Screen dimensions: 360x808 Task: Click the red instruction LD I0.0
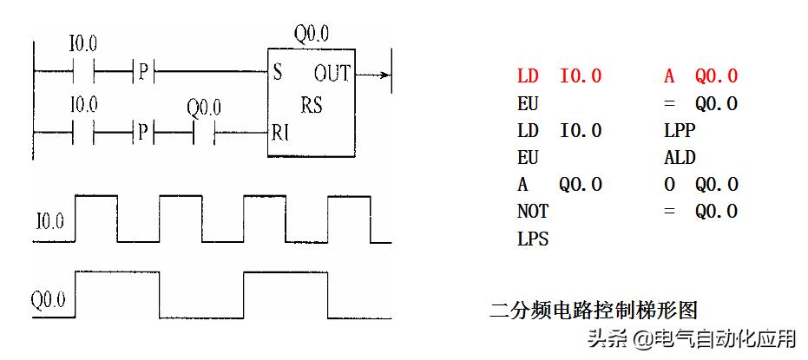[x=559, y=76]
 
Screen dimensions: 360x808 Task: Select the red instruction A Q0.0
[x=700, y=76]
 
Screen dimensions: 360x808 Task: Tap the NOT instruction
[x=533, y=211]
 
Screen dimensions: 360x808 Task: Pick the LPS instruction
[x=533, y=239]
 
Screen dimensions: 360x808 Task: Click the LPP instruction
[x=680, y=130]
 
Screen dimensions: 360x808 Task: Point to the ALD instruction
[x=680, y=158]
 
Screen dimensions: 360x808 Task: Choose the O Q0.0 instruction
[x=700, y=185]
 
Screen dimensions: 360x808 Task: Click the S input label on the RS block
[x=277, y=72]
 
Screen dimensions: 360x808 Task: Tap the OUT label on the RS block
[x=332, y=73]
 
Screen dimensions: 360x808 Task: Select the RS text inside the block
[x=312, y=106]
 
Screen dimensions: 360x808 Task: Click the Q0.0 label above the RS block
[x=312, y=35]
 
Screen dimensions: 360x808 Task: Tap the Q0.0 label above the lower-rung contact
[x=204, y=108]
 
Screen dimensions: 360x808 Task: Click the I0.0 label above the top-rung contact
[x=83, y=43]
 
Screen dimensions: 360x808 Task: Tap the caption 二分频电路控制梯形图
[x=594, y=309]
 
